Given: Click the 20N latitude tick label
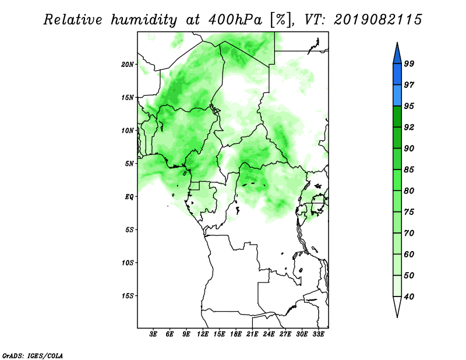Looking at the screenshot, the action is click(x=128, y=64).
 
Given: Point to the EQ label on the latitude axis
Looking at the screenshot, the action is click(x=129, y=196).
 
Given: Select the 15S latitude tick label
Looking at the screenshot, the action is click(x=128, y=296).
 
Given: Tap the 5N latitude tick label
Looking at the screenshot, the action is click(x=129, y=164).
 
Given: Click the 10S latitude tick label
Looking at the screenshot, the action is click(x=128, y=263).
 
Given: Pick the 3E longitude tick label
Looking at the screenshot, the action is click(x=153, y=334).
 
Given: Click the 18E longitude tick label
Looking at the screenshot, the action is click(x=236, y=334).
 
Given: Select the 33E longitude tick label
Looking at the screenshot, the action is click(x=318, y=334).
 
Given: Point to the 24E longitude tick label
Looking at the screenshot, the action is click(x=269, y=334).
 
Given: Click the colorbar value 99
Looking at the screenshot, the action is click(x=409, y=63).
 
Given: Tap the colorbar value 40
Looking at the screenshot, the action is click(x=409, y=297).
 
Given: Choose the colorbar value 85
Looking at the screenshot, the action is click(x=409, y=170).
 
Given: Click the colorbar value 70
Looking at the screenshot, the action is click(x=409, y=233).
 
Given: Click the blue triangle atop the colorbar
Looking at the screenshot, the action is click(x=397, y=55).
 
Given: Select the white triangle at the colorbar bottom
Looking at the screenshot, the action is click(x=397, y=305).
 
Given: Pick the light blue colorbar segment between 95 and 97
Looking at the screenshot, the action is click(x=397, y=96).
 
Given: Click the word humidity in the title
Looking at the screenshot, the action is click(x=144, y=20).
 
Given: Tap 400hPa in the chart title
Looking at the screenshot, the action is click(x=235, y=20).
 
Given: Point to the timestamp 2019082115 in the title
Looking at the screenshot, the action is click(x=377, y=20).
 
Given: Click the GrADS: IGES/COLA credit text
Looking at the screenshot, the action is click(x=33, y=355).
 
